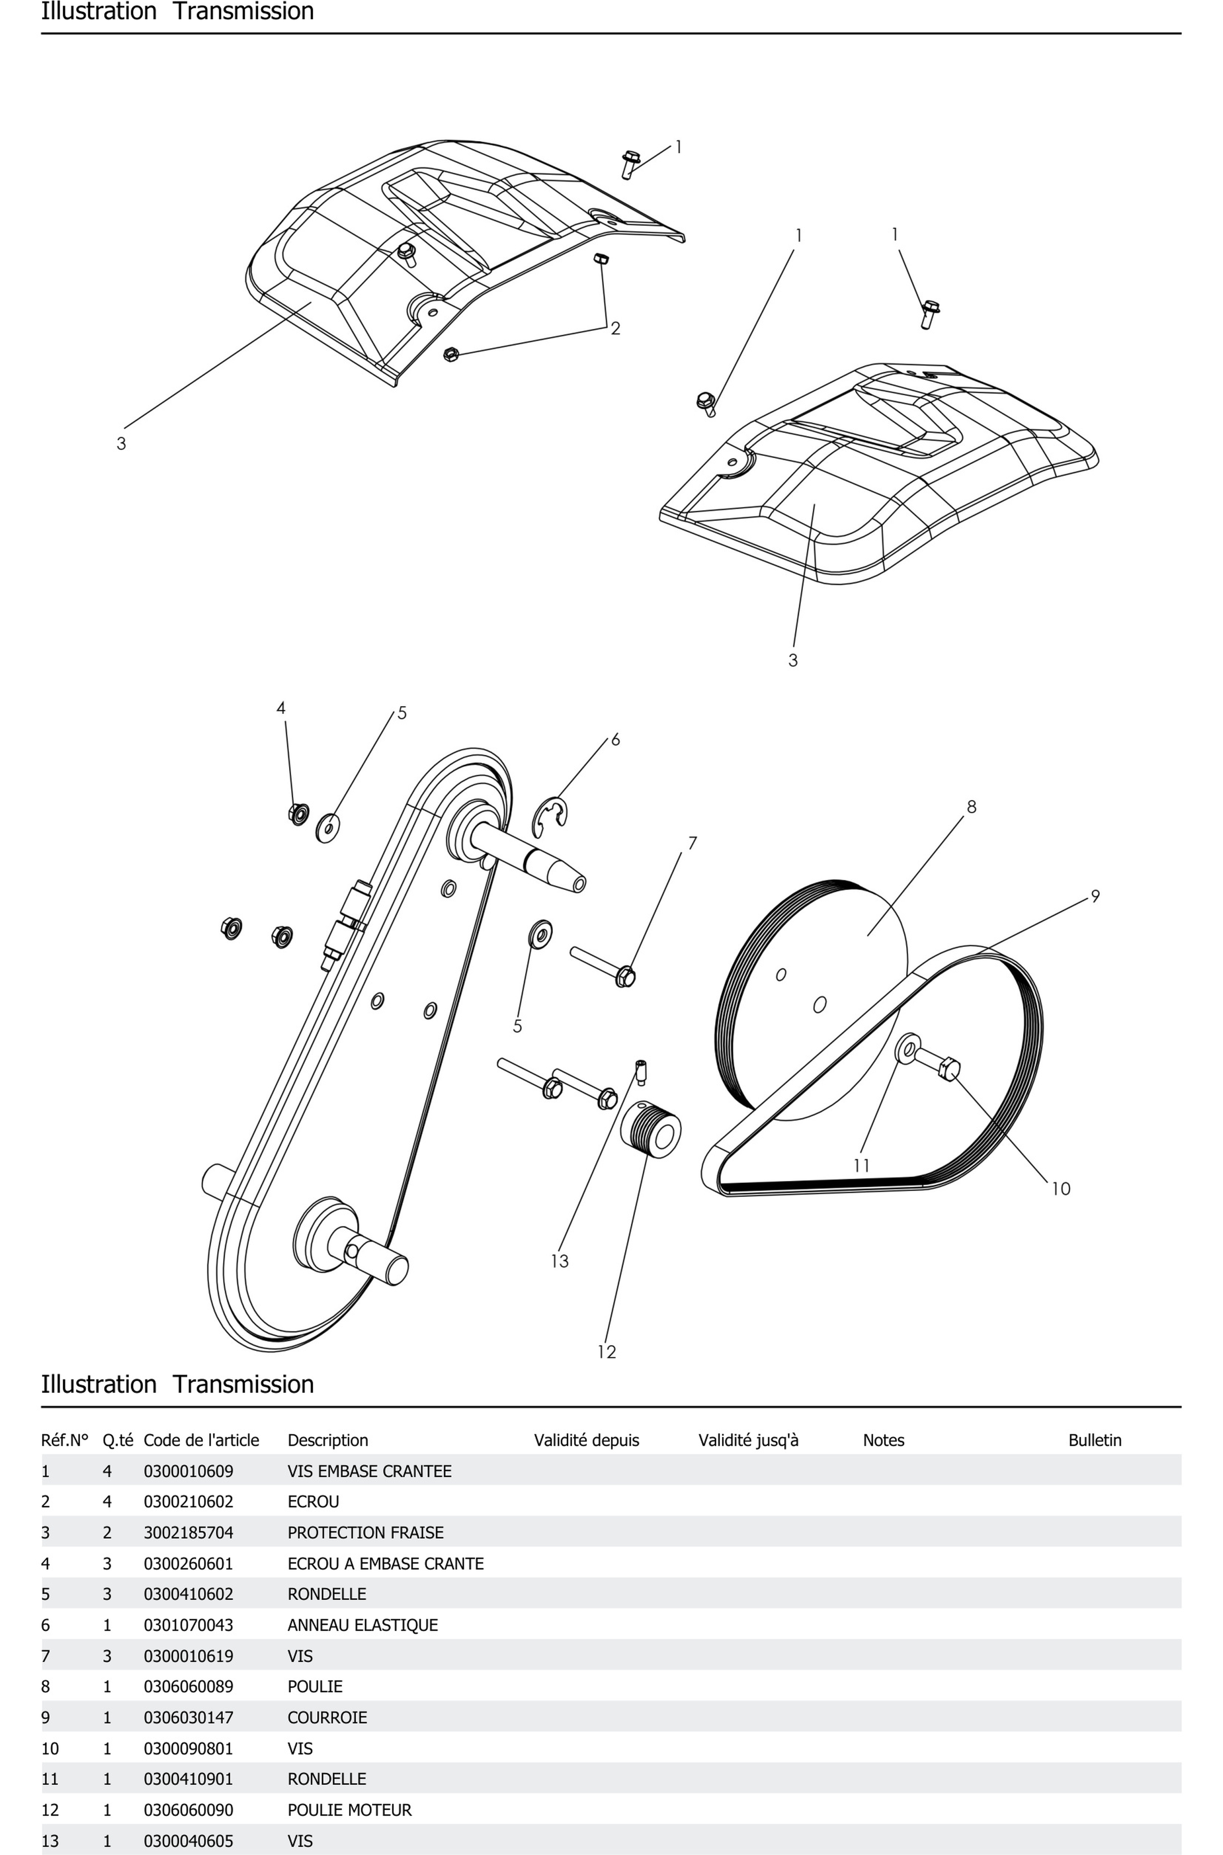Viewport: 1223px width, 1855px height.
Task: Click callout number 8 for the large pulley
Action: click(971, 807)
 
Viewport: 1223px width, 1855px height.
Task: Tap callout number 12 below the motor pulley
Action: click(607, 1352)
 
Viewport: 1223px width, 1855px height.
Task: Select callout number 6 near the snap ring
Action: click(616, 739)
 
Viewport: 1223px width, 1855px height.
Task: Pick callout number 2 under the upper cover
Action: click(616, 328)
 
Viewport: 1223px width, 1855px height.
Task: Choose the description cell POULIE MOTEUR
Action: click(350, 1810)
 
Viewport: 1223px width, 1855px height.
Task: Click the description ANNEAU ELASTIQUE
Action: click(363, 1625)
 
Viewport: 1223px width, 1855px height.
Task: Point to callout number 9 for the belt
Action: click(1095, 897)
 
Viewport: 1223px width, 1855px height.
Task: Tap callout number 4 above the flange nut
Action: click(281, 708)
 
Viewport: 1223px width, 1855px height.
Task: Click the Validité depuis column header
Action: click(587, 1440)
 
